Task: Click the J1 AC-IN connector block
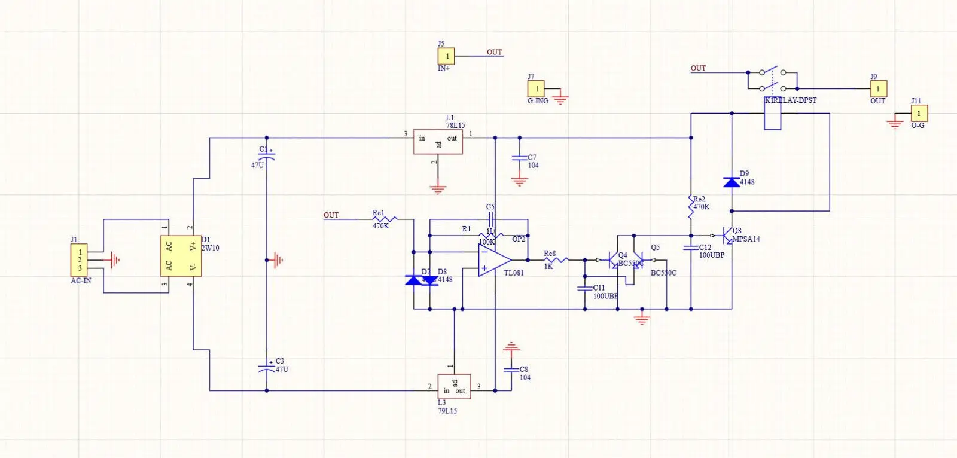coord(80,260)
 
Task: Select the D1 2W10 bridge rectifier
coord(181,256)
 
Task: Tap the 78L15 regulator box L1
coord(438,142)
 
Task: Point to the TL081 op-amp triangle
coord(493,260)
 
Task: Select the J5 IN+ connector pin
coord(446,56)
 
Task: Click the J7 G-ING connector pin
coord(536,89)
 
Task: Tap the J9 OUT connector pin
coord(878,89)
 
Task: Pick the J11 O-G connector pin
coord(919,113)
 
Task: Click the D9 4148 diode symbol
coord(732,182)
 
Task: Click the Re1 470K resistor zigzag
coord(385,219)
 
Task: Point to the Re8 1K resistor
coord(556,260)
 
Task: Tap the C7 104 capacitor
coord(519,158)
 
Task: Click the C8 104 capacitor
coord(511,370)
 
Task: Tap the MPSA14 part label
coord(746,239)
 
